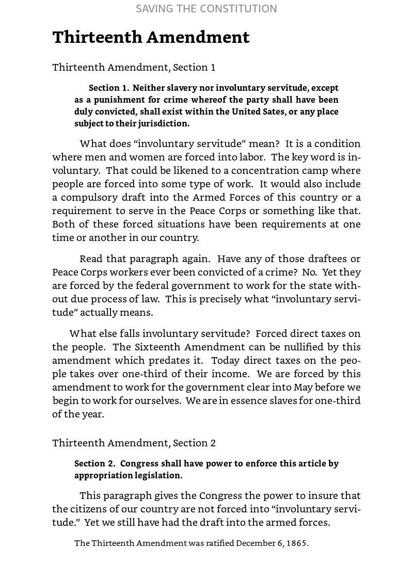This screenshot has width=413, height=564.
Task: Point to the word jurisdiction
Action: click(163, 123)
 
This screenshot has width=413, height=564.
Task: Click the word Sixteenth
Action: click(160, 347)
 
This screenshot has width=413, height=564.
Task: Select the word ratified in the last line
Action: click(220, 543)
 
